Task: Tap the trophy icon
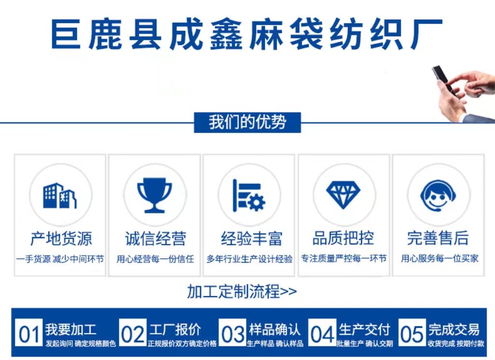(154, 195)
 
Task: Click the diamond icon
(343, 195)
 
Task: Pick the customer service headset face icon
(438, 195)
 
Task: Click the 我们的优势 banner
(247, 122)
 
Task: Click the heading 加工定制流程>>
(242, 291)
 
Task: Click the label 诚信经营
(155, 239)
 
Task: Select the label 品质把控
(343, 238)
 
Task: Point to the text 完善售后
(438, 238)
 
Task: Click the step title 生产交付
(364, 330)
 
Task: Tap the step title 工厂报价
(175, 330)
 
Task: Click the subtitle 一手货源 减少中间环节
(60, 259)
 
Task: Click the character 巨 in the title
(66, 34)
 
